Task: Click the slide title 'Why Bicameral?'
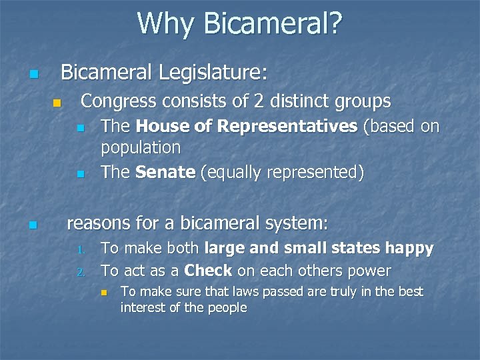coord(240,24)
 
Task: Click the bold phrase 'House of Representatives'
coord(246,127)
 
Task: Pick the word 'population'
coord(141,147)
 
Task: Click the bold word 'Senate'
coord(165,172)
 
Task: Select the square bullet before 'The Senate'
coord(80,174)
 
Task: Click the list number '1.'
coord(81,251)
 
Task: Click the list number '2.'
coord(81,272)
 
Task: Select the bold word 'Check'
coord(208,271)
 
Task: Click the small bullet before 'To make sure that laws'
coord(103,293)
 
